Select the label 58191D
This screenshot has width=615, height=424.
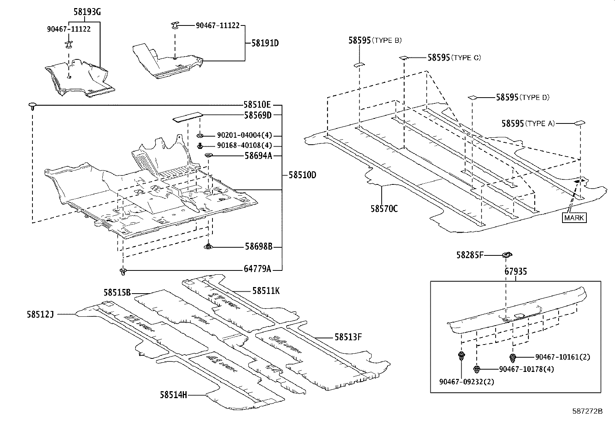265,43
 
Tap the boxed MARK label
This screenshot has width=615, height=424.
574,218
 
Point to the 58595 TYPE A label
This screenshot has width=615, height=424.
528,123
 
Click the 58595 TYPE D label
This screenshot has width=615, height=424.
522,97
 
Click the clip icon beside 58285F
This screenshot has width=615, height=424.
506,255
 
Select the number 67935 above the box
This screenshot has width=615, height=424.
515,272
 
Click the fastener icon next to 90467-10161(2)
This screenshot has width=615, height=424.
513,357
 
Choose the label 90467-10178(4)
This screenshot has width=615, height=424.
526,369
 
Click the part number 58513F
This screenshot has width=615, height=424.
348,337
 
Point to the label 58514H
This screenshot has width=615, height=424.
173,395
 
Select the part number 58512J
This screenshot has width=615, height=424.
40,314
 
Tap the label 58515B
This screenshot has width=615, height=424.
117,293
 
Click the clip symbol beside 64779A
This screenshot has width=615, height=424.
123,272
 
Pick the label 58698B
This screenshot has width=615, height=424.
258,247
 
